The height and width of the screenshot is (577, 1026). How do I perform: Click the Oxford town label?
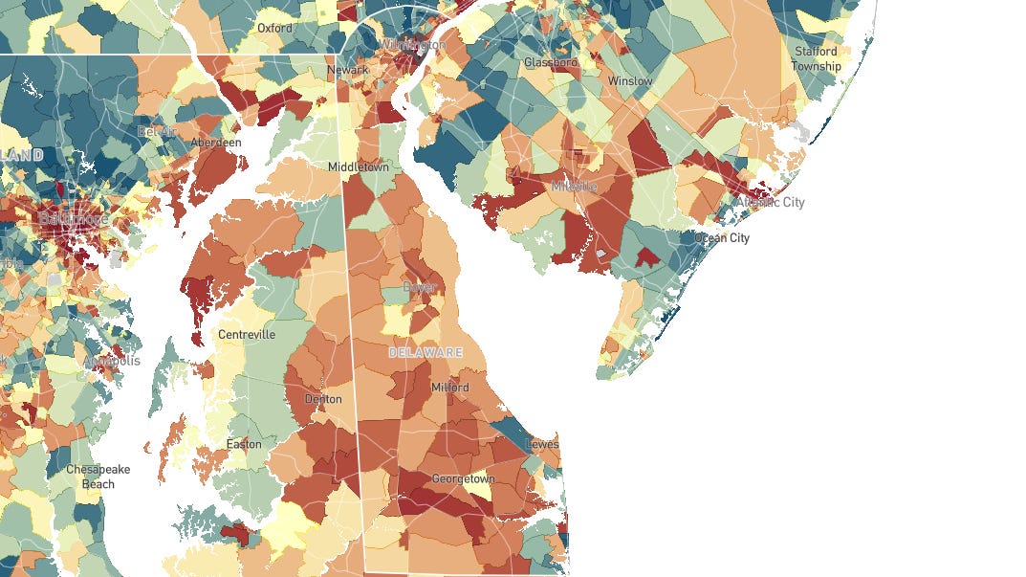[274, 28]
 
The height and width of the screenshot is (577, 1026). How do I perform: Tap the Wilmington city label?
[412, 45]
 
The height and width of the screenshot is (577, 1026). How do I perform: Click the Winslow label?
[629, 81]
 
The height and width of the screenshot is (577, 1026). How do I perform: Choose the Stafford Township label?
[816, 58]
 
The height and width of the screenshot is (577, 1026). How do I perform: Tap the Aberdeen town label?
[215, 142]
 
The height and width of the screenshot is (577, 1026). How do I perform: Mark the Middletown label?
[359, 166]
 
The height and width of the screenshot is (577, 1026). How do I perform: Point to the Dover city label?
[420, 287]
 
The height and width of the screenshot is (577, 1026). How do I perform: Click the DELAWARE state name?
[426, 353]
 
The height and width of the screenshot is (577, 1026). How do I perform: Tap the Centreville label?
[247, 335]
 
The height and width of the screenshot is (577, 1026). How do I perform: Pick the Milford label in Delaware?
[449, 388]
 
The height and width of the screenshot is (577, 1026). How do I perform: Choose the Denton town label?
[322, 399]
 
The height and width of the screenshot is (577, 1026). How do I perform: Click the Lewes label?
[542, 445]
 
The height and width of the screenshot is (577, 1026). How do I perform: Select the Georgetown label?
[463, 478]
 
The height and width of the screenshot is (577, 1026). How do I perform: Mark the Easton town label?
[244, 444]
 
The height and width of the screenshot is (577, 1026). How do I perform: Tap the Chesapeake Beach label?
[98, 477]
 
